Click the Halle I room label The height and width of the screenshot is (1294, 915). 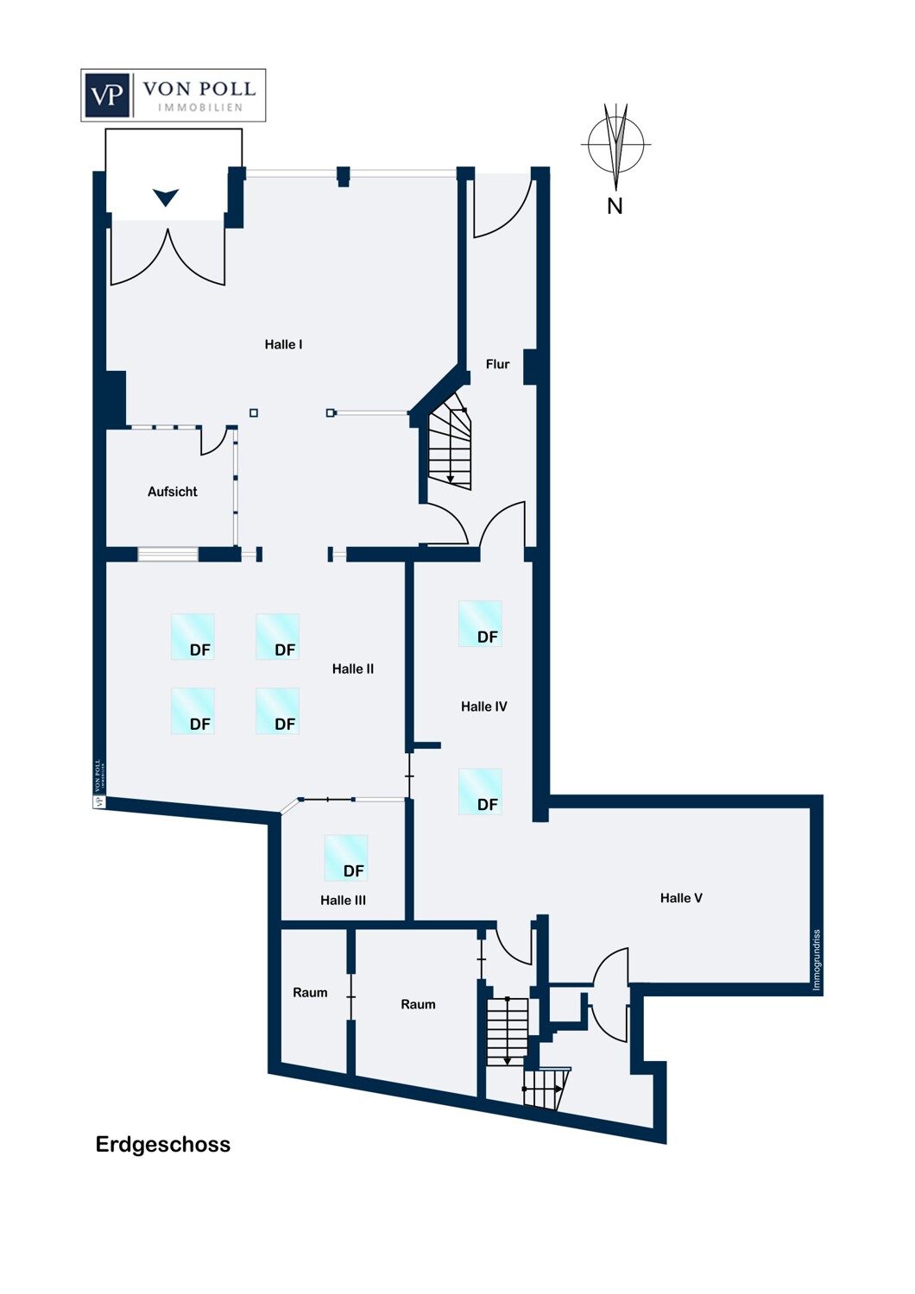click(283, 344)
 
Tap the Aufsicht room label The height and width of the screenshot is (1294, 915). click(173, 492)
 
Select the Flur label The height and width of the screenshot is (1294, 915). click(497, 364)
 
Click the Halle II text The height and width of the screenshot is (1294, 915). click(352, 669)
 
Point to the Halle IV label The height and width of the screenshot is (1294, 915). click(483, 707)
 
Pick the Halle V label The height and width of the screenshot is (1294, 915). click(681, 898)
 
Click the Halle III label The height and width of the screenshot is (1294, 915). click(343, 900)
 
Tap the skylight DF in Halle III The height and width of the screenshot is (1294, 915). click(346, 857)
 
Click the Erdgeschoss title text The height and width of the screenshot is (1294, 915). click(163, 1145)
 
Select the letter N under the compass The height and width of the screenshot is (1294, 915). click(615, 206)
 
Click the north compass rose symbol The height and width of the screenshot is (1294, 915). click(615, 144)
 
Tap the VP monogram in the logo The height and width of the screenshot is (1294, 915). click(108, 95)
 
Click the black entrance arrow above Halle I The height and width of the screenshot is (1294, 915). click(166, 198)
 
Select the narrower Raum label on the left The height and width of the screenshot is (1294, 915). click(310, 993)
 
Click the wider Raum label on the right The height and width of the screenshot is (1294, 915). click(418, 1004)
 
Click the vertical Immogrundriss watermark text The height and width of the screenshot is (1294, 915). click(817, 959)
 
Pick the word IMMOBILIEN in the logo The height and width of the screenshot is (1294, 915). click(199, 108)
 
